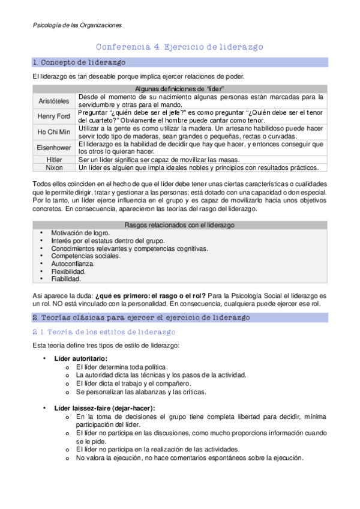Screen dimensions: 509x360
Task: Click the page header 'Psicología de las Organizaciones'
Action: [76, 25]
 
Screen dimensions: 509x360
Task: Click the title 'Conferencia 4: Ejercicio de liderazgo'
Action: [180, 47]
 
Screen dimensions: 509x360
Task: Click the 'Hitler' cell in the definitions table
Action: [54, 159]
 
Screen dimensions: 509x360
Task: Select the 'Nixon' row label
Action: [54, 167]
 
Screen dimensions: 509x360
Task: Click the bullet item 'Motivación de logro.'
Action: [80, 233]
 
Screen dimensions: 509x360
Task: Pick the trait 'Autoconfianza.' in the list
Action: [73, 264]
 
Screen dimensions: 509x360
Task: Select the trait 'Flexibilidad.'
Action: [69, 271]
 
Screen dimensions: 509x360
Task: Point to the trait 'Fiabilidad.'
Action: [66, 279]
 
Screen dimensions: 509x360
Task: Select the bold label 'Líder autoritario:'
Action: [81, 358]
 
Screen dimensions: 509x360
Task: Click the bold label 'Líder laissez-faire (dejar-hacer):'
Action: [104, 408]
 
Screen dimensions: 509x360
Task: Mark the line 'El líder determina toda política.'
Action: [122, 367]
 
